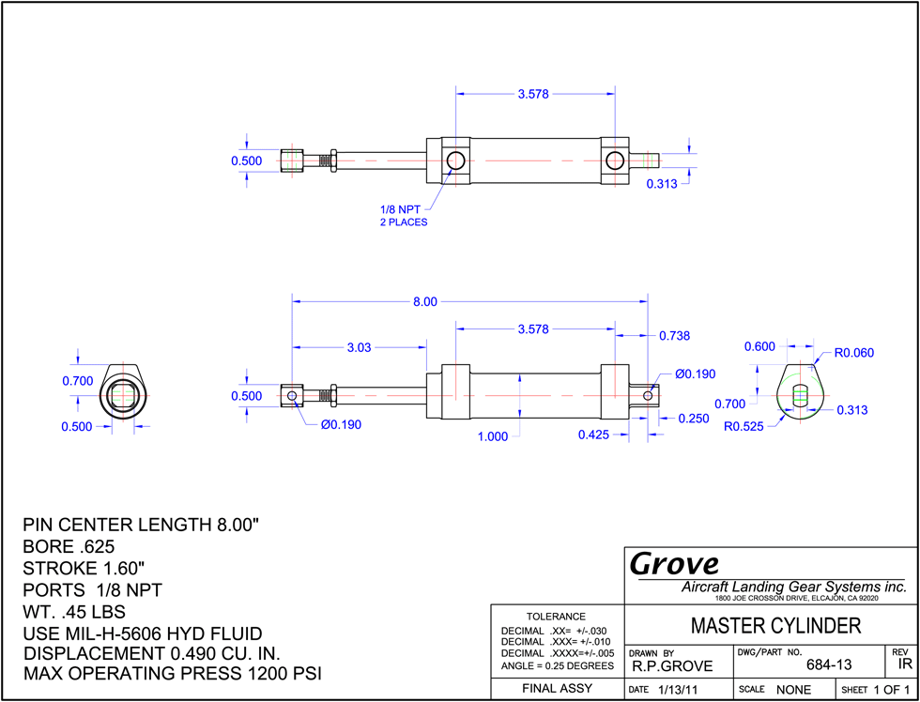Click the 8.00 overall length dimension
[425, 301]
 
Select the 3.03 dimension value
[359, 347]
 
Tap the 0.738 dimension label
[674, 336]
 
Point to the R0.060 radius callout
[854, 353]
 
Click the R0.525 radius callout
[744, 426]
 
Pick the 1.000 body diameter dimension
[492, 436]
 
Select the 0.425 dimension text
[593, 435]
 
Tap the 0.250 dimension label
[694, 419]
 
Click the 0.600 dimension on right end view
[759, 346]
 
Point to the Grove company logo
[674, 564]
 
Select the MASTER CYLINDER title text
[776, 626]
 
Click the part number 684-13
[829, 664]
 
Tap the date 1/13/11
[677, 690]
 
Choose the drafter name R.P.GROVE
[672, 666]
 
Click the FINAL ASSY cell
[557, 689]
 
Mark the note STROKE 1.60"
[84, 569]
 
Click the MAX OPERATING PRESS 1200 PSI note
[173, 673]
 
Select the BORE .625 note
[69, 546]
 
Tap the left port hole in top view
[455, 160]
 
